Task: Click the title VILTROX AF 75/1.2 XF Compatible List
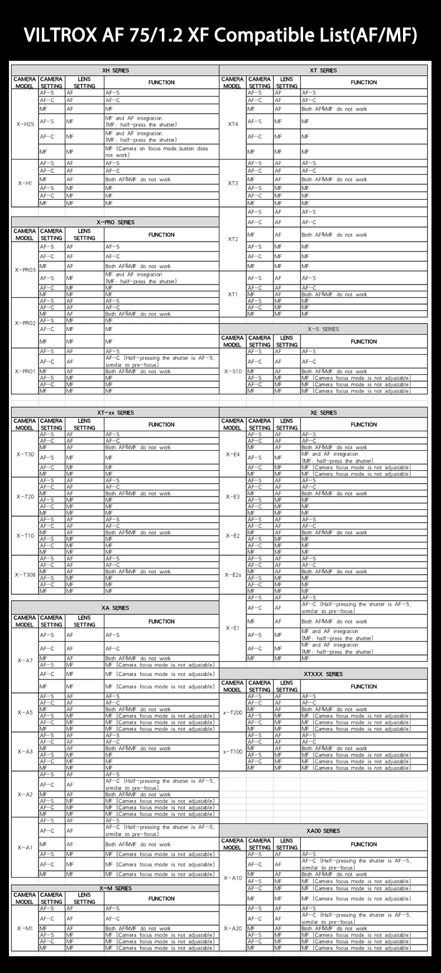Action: point(220,36)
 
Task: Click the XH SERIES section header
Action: point(116,71)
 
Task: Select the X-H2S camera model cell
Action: point(25,124)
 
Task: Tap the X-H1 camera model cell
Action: point(25,183)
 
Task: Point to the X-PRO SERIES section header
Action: point(116,222)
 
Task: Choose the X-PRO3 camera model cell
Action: point(25,270)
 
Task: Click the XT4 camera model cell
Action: point(233,124)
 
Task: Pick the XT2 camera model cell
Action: point(233,239)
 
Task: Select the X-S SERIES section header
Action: point(323,329)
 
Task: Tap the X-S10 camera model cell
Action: point(233,371)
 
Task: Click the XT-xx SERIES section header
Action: point(116,413)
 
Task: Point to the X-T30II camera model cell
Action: point(25,575)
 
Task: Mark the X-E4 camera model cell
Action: point(233,454)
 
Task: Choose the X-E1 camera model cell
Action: point(233,628)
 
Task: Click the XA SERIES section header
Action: point(116,608)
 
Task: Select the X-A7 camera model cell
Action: point(25,661)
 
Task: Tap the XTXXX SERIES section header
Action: point(323,674)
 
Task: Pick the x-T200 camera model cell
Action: point(233,712)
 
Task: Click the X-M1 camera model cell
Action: point(25,928)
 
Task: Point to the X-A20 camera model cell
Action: point(233,928)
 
